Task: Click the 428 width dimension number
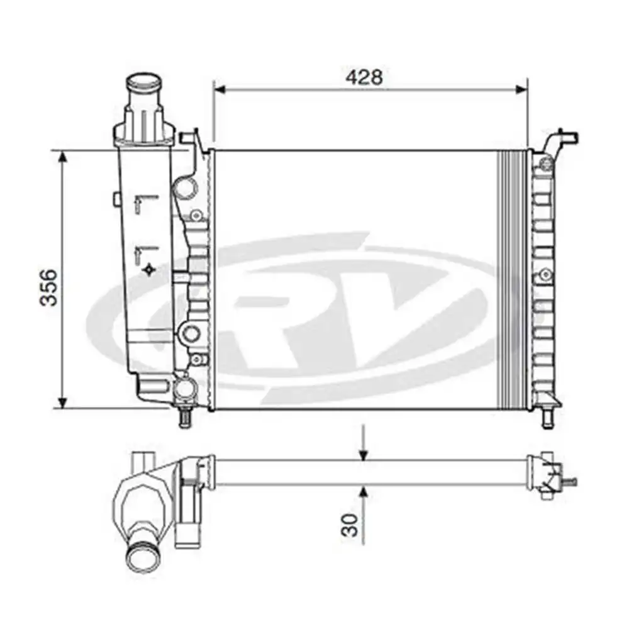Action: [x=364, y=77]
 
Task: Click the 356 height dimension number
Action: [x=48, y=287]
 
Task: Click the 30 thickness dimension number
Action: [x=352, y=524]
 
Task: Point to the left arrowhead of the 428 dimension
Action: [x=220, y=89]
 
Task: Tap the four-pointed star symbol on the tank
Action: [x=149, y=270]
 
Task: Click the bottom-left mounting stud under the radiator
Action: [x=185, y=418]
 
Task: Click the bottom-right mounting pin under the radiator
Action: [x=547, y=418]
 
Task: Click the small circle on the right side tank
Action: [x=545, y=274]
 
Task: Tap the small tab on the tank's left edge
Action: [x=116, y=199]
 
